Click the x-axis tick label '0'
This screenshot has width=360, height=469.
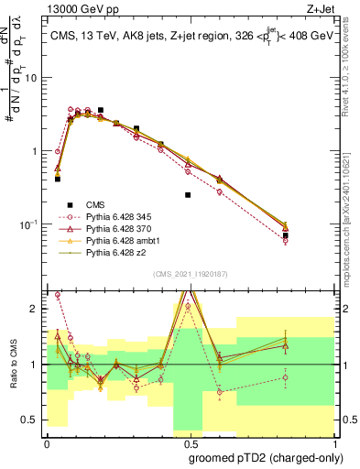click(46, 443)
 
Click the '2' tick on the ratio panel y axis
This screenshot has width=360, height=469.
click(35, 310)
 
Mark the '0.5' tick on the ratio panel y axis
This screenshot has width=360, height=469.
click(30, 420)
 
